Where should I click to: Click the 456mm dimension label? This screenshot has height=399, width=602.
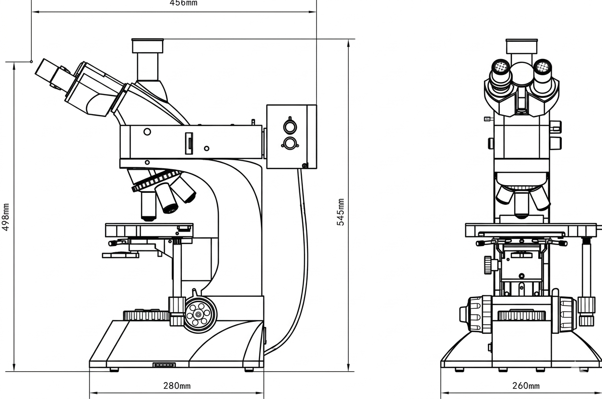pos(183,3)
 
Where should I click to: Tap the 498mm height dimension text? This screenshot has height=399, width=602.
pos(5,217)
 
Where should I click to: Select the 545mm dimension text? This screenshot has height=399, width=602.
pos(341,212)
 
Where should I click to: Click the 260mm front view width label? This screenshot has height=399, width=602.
pos(526,386)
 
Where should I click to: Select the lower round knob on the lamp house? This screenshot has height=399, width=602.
pos(290,143)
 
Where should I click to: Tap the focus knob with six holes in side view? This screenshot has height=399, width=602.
pos(199,315)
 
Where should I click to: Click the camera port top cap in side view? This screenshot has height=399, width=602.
pos(148,46)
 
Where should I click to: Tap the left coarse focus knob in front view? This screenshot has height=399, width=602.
pos(472,315)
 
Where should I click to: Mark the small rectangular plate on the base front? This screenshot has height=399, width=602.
pos(164,365)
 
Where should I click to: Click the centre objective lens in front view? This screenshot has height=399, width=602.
pos(521,204)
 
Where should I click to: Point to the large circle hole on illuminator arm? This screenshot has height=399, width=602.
pos(147,132)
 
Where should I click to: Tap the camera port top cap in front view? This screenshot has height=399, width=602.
pos(521,47)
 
